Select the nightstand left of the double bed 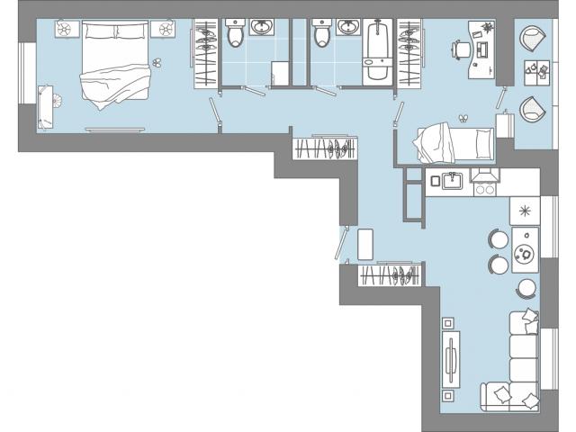click(67, 31)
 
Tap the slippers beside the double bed click(157, 63)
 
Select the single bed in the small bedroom click(454, 142)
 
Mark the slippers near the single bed click(464, 117)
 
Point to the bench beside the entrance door click(365, 244)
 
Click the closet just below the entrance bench click(390, 274)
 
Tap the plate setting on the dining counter click(523, 253)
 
